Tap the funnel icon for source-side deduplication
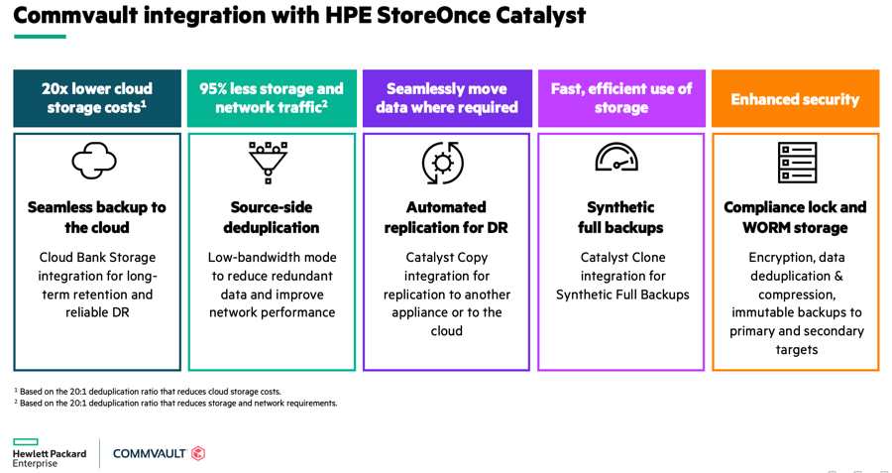point(268,163)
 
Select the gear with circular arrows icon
point(443,164)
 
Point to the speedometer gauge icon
point(616,157)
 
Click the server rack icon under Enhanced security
point(797,163)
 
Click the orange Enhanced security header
point(795,98)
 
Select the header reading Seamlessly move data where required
point(447,98)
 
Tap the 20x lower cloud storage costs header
point(97,98)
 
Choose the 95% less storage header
point(272,98)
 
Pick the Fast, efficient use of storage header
point(621,98)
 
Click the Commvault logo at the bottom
point(160,453)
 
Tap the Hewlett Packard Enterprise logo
point(50,453)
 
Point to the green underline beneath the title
point(40,37)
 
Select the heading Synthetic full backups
point(620,217)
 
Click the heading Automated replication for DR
point(446,217)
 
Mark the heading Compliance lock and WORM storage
point(795,217)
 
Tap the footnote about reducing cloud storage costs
point(147,392)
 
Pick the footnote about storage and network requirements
point(175,403)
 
